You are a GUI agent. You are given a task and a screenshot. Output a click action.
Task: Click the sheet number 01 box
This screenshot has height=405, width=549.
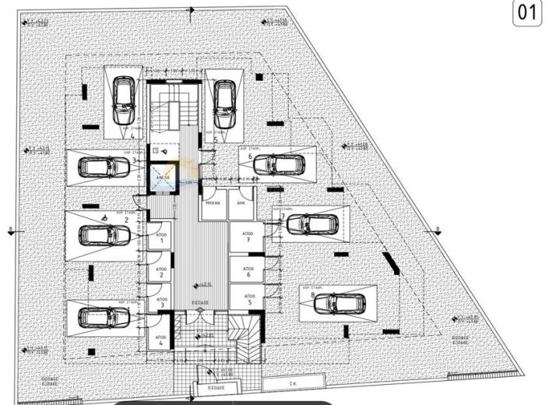click(527, 14)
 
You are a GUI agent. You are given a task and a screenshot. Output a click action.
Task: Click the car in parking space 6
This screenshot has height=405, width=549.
click(278, 164)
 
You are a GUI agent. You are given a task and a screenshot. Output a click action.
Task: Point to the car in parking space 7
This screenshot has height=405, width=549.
click(311, 224)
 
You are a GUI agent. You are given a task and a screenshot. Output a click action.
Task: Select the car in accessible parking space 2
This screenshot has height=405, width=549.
click(104, 234)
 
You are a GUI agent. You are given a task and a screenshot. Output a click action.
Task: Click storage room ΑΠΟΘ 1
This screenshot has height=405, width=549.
click(159, 238)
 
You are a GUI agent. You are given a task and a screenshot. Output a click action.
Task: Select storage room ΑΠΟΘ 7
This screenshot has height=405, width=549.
click(248, 237)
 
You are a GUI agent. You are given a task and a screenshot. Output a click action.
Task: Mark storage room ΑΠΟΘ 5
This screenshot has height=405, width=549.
click(248, 298)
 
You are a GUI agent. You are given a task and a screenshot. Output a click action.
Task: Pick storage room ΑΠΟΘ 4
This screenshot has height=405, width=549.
click(159, 339)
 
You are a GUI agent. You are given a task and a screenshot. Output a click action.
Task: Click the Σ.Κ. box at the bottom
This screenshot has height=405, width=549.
click(292, 382)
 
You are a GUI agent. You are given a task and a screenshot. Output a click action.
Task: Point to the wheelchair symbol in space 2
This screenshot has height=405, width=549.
click(105, 218)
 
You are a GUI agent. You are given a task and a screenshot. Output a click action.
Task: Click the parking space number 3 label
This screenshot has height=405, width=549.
click(135, 160)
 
